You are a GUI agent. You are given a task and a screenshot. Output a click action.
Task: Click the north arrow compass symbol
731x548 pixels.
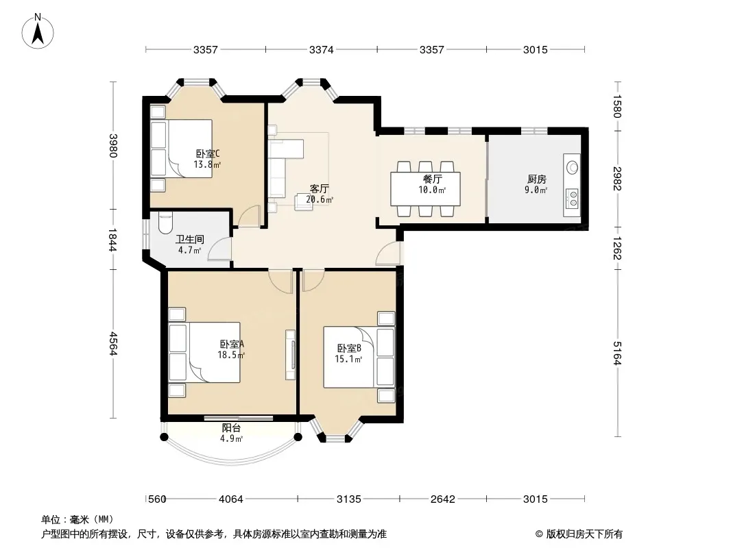(x=38, y=32)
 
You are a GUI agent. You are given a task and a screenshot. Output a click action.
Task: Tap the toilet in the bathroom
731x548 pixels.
(x=165, y=223)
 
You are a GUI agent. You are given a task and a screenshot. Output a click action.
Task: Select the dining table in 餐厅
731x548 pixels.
(x=425, y=188)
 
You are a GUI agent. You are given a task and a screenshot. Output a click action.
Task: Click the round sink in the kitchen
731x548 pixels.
(x=572, y=167)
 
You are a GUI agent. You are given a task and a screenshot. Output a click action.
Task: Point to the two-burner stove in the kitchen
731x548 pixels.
(x=572, y=199)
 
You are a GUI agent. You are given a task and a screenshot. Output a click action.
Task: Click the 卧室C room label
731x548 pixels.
(x=208, y=153)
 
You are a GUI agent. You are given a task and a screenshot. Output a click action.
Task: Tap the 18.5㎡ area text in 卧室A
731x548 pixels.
(x=231, y=355)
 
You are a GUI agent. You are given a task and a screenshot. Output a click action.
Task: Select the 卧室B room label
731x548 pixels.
(x=349, y=348)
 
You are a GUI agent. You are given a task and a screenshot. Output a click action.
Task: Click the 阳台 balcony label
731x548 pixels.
(x=231, y=428)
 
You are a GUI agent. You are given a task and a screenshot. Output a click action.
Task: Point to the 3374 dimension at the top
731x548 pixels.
(x=321, y=49)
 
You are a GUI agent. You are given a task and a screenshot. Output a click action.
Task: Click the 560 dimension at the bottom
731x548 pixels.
(x=157, y=499)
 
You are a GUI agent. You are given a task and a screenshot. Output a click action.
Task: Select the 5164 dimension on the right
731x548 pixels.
(x=617, y=353)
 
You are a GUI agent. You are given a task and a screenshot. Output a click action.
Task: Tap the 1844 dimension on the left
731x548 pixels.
(x=112, y=239)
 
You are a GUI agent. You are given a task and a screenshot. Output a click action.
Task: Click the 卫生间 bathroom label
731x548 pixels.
(x=190, y=239)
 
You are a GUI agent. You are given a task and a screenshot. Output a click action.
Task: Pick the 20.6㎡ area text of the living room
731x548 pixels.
(x=320, y=200)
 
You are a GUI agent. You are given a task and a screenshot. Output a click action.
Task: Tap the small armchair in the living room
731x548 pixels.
(x=304, y=201)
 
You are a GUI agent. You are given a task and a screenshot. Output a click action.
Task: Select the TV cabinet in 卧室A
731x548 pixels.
(x=291, y=355)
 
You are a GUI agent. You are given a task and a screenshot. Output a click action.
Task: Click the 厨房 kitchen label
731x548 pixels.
(x=537, y=179)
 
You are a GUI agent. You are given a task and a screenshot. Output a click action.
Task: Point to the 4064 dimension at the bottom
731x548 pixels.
(x=231, y=499)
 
